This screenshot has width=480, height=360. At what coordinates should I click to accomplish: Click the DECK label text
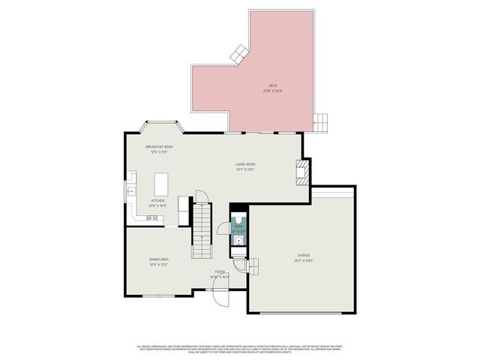tap(272, 85)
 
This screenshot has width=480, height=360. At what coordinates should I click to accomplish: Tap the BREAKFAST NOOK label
tap(159, 147)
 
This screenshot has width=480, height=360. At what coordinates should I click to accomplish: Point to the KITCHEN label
tap(157, 201)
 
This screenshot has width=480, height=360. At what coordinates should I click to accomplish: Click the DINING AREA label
tap(158, 259)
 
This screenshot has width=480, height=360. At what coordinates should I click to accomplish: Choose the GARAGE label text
tap(303, 255)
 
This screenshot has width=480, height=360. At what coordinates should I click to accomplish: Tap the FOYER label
tap(220, 272)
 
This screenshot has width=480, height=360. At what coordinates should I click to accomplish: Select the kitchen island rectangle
tap(161, 184)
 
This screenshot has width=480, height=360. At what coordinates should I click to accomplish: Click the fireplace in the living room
tap(301, 171)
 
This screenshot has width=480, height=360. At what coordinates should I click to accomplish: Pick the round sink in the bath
tap(238, 241)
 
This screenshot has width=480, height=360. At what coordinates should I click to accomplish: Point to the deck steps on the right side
tap(321, 120)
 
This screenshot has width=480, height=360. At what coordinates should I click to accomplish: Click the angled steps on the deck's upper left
tap(239, 53)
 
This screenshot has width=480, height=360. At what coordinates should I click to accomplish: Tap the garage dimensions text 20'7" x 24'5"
tap(303, 260)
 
